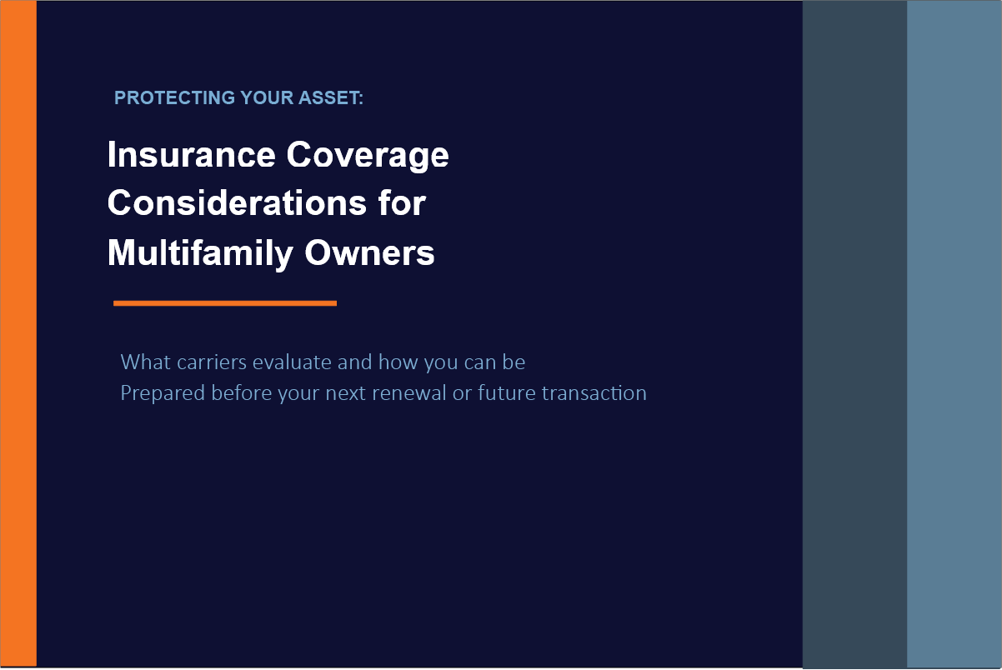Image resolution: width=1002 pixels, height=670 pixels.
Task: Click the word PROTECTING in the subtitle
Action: pyautogui.click(x=174, y=98)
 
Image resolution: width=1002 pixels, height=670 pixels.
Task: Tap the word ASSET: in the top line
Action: pyautogui.click(x=331, y=98)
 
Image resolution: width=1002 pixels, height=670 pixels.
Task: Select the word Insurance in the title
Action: pyautogui.click(x=192, y=155)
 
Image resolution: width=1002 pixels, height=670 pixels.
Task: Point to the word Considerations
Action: pyautogui.click(x=237, y=203)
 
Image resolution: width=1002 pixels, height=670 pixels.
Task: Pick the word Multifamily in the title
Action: pyautogui.click(x=200, y=254)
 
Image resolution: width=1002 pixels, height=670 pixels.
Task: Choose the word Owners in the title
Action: pyautogui.click(x=369, y=253)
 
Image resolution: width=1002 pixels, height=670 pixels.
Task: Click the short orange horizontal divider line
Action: pyautogui.click(x=225, y=303)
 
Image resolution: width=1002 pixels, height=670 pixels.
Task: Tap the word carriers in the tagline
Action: pyautogui.click(x=212, y=362)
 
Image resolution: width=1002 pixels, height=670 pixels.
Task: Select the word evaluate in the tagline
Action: pyautogui.click(x=292, y=362)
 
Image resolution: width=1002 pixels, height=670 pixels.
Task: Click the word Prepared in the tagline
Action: pyautogui.click(x=163, y=393)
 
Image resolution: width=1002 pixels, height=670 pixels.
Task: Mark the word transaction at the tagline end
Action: pyautogui.click(x=594, y=393)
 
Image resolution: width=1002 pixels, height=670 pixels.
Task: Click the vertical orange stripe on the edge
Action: pyautogui.click(x=18, y=333)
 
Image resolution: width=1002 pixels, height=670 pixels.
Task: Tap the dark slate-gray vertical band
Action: pyautogui.click(x=854, y=334)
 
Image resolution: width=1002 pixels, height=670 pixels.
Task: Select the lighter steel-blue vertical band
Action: pyautogui.click(x=954, y=334)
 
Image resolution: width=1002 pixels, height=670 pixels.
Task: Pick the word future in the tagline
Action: pyautogui.click(x=506, y=393)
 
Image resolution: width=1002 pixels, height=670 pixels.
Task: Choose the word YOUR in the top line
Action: pyautogui.click(x=267, y=98)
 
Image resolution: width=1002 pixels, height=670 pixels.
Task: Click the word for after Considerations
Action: pyautogui.click(x=402, y=202)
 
